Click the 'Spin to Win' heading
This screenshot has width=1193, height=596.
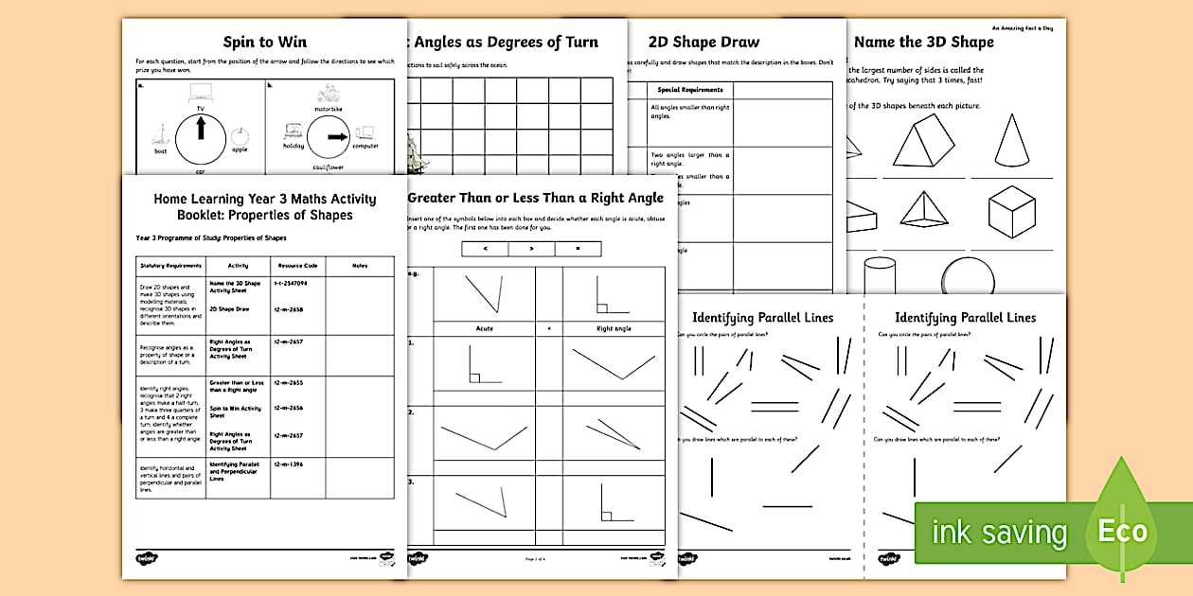point(264,42)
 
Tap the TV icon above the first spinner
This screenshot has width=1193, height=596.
point(200,92)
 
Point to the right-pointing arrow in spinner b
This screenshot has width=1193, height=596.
point(334,137)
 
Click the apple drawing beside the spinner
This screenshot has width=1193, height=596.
point(238,135)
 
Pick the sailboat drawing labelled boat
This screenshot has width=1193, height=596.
point(162,135)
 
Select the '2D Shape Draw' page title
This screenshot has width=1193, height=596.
point(703,42)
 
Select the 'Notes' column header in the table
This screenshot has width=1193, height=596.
point(359,266)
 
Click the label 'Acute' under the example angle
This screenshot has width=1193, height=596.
point(484,328)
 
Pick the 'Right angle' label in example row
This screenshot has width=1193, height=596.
point(613,328)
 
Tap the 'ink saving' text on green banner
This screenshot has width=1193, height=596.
point(999,533)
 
